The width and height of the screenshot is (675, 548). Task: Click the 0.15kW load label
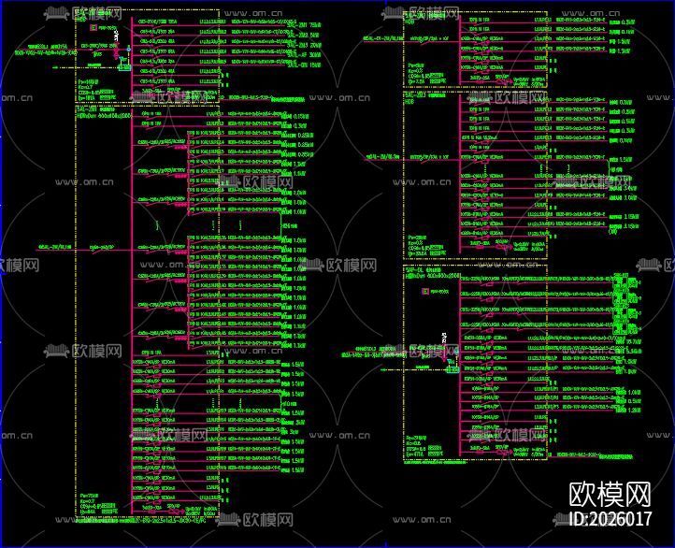(301, 116)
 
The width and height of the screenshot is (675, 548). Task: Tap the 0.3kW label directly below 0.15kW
(301, 125)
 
